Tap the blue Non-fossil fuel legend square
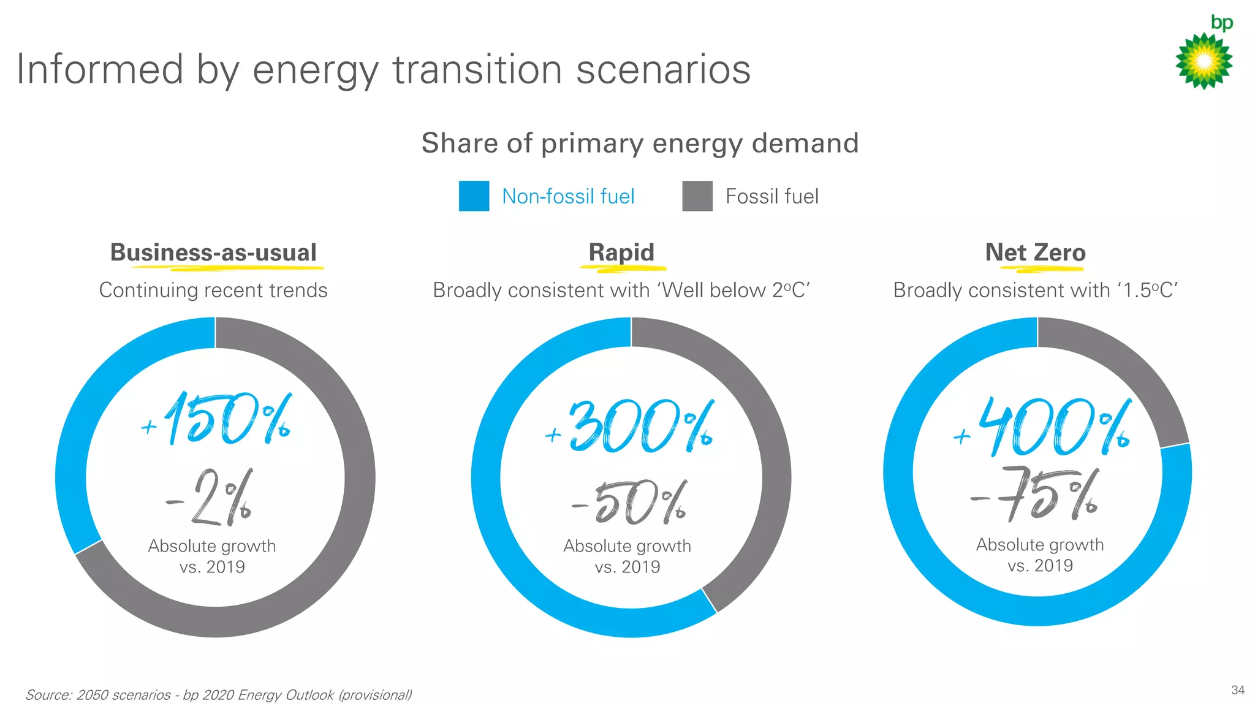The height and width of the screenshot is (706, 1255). click(474, 196)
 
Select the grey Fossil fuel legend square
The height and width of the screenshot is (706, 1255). click(697, 196)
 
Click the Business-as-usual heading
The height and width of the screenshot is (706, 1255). click(213, 252)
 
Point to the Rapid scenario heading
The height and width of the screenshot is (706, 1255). click(621, 252)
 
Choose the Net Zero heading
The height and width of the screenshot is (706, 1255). click(1035, 252)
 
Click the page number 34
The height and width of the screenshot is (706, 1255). click(1237, 690)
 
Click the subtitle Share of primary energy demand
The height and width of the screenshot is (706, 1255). click(640, 143)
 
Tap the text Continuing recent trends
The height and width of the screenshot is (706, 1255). click(213, 290)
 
